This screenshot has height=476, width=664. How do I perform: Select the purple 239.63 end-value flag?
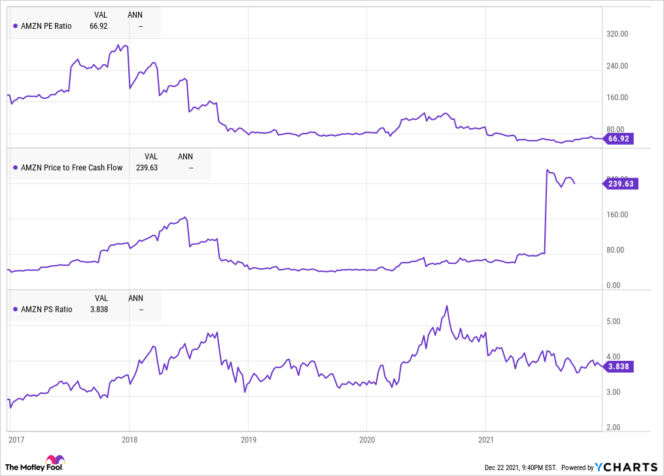[620, 184]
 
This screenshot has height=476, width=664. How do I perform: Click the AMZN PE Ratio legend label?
[46, 26]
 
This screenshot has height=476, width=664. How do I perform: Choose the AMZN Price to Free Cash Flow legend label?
[71, 168]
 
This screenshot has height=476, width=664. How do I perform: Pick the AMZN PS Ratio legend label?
[46, 309]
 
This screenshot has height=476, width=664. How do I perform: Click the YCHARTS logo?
[627, 467]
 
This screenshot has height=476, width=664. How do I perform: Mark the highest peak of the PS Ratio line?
[447, 306]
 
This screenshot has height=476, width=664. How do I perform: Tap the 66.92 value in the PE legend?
[99, 26]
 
